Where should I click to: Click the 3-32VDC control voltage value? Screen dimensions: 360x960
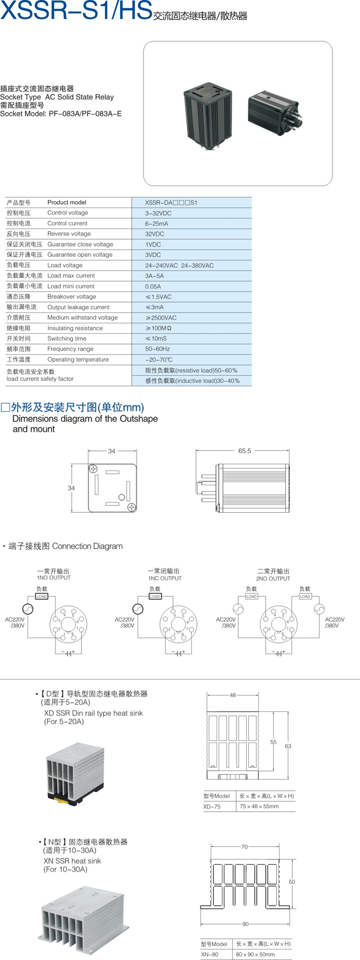click(158, 213)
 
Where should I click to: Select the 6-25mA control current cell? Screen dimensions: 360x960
click(157, 224)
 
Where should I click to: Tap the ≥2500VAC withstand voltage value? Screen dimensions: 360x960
click(161, 318)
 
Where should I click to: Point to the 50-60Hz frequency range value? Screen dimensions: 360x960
click(158, 349)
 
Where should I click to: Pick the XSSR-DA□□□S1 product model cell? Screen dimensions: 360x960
click(171, 203)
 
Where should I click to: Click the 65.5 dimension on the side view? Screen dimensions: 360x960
click(245, 451)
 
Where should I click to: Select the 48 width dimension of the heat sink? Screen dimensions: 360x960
click(232, 695)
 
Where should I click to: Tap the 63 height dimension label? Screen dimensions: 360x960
click(288, 746)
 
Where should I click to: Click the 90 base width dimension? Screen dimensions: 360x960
click(245, 924)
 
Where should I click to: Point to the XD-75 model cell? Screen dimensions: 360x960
click(212, 807)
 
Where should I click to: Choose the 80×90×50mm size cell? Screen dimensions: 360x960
click(255, 955)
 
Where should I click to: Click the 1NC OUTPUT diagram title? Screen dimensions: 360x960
click(165, 578)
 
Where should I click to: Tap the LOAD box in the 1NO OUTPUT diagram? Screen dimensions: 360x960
click(42, 596)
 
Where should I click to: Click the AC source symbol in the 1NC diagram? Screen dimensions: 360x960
click(138, 609)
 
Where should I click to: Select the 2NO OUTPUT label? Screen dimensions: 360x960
click(273, 579)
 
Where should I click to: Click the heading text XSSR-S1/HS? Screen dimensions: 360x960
click(76, 11)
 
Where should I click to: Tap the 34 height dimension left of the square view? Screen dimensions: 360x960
click(71, 488)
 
